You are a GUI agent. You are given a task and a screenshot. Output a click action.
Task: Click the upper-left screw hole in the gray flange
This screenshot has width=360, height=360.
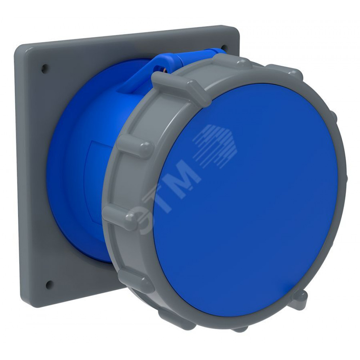tap(45, 68)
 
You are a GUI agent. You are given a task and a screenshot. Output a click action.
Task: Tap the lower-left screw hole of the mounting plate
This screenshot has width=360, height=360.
tap(49, 284)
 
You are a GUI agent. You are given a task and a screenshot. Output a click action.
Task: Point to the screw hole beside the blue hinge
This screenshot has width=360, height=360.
tap(224, 48)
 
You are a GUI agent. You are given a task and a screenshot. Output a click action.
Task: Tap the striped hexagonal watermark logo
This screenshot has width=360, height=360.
tap(215, 145)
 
